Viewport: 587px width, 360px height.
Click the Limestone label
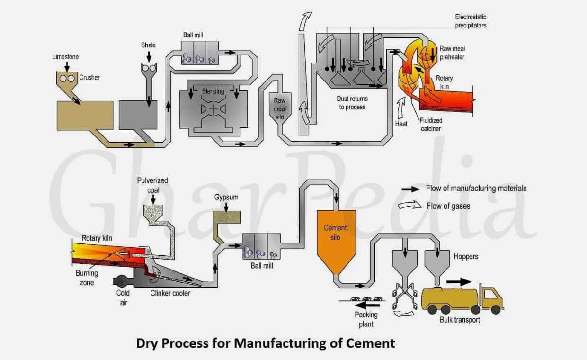[65, 57]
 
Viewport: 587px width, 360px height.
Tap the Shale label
[148, 45]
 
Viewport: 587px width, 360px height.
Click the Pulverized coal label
[152, 185]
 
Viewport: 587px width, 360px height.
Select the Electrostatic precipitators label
[471, 21]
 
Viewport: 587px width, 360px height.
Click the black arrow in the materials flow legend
[410, 189]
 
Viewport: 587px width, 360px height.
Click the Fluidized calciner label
[431, 125]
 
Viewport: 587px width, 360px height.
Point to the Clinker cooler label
[170, 293]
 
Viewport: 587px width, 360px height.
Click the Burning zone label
[87, 278]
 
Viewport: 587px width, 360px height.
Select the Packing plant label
[366, 319]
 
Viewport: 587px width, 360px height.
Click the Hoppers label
[465, 256]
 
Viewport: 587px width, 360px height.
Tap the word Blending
[213, 91]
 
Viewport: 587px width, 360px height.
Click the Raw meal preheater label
[452, 53]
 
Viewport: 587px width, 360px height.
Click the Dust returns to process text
[352, 103]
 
